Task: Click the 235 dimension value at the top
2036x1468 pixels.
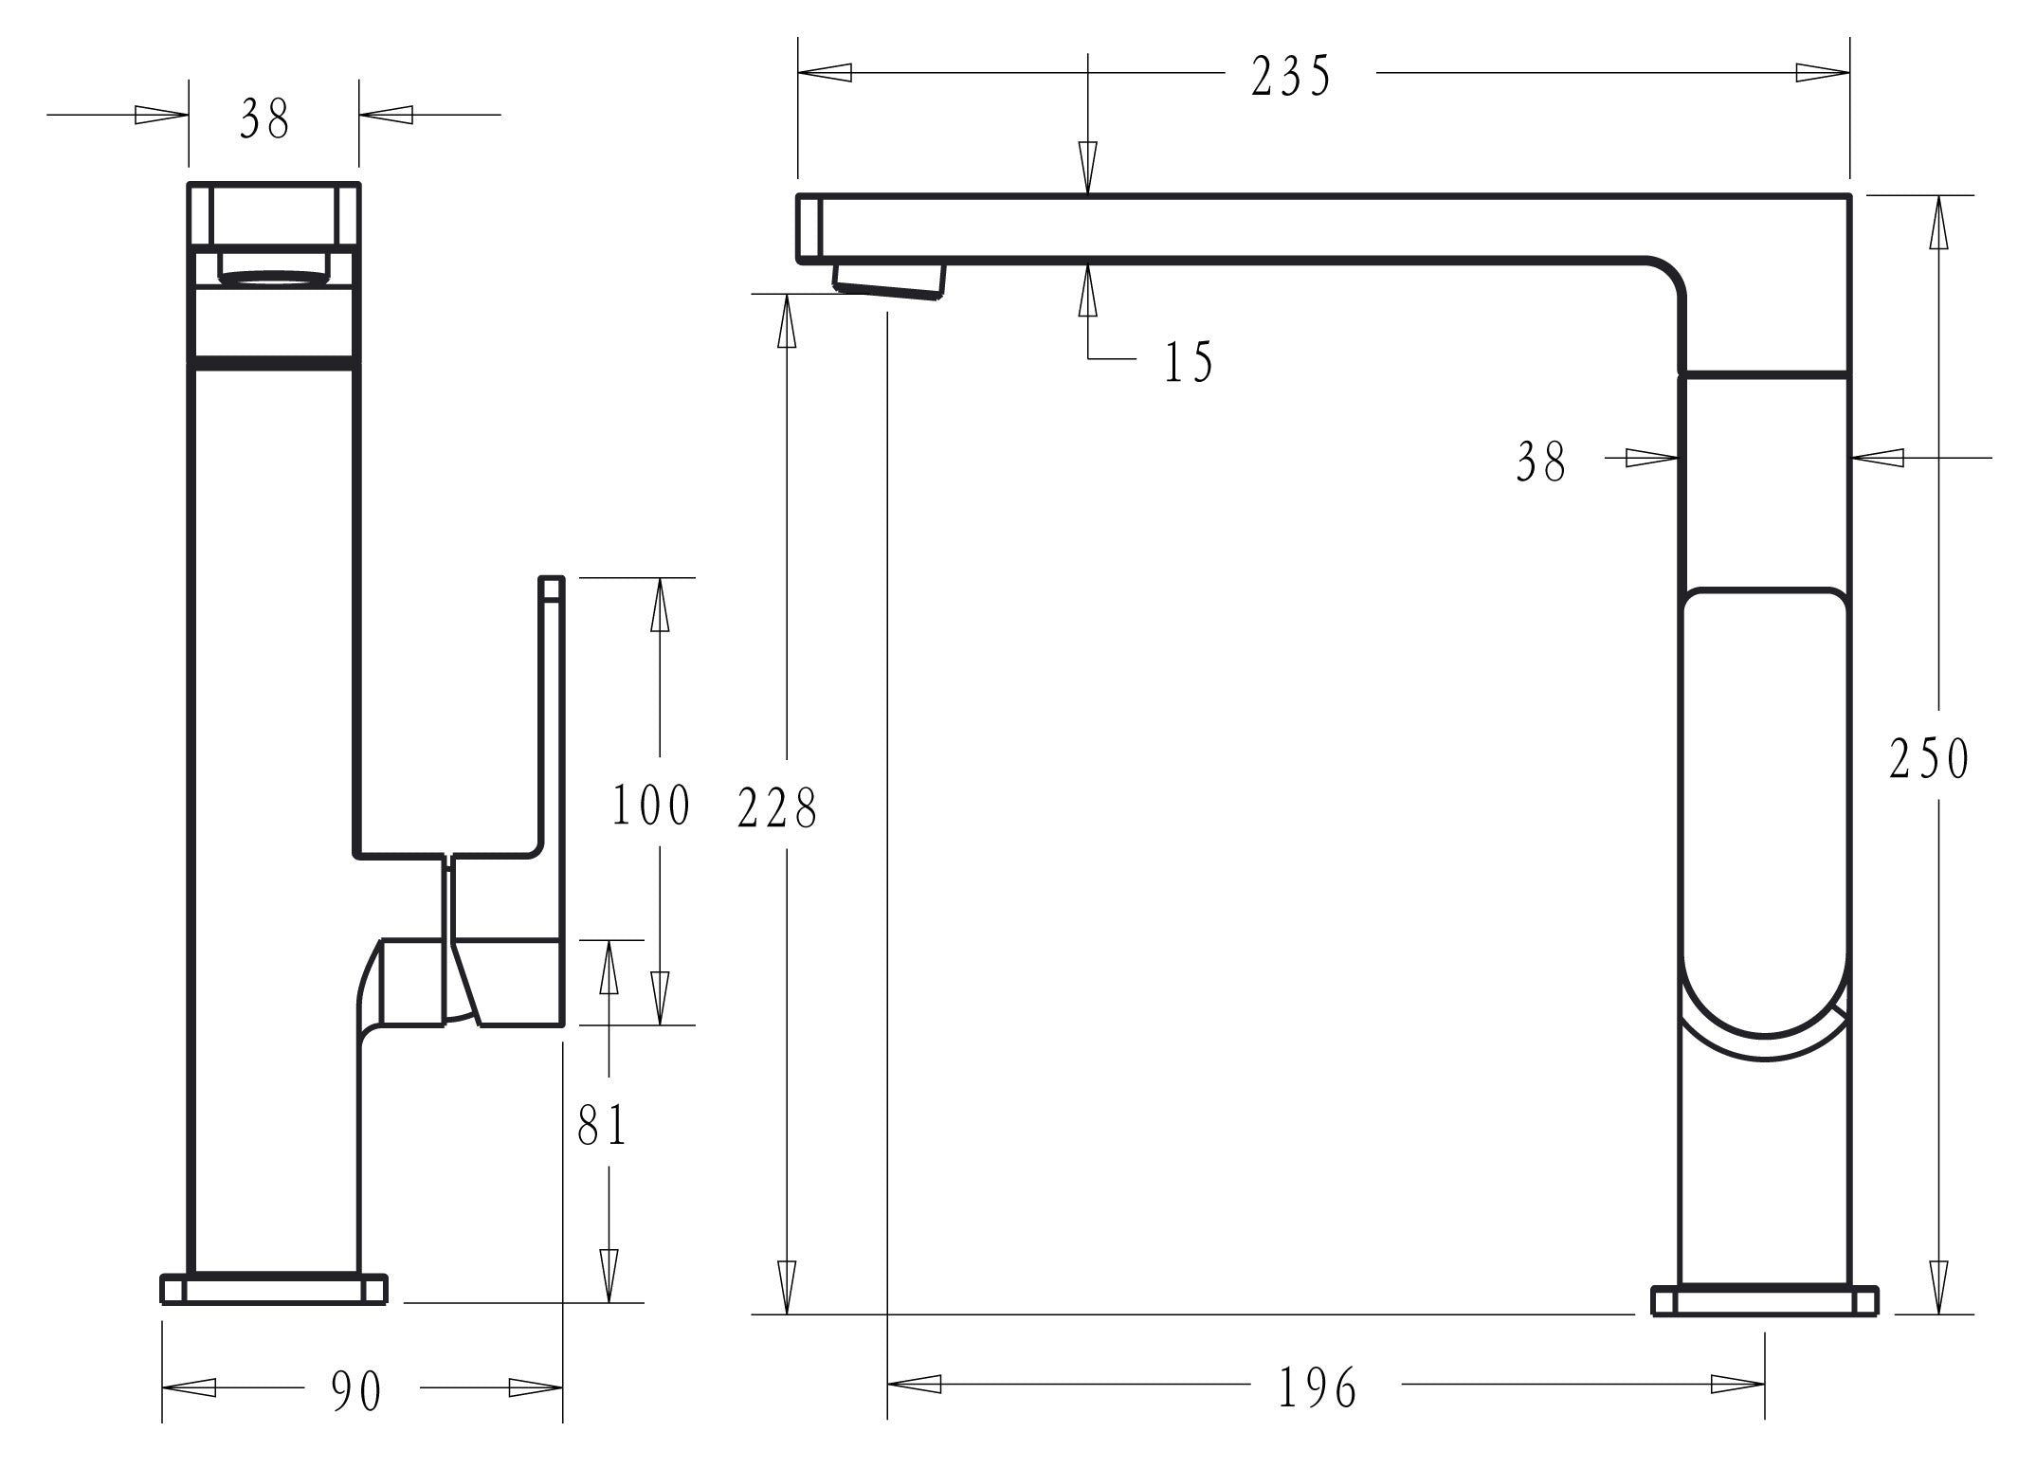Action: tap(1291, 76)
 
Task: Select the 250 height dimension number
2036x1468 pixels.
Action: tap(1929, 758)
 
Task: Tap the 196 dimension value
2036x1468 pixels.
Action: tap(1318, 1388)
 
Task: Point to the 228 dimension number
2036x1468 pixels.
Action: tap(777, 808)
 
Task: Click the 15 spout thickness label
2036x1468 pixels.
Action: tap(1189, 361)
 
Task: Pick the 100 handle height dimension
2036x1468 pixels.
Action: tap(651, 806)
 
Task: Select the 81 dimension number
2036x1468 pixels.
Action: tap(603, 1126)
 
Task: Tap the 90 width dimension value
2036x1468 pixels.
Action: tap(356, 1391)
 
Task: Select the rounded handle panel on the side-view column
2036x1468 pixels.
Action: tap(1764, 806)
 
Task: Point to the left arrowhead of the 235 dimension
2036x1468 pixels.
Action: tap(825, 72)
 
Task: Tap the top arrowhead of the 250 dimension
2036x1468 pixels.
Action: tap(1939, 223)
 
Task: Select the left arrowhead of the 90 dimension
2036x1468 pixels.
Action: tap(189, 1388)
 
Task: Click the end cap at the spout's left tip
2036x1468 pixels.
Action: tap(808, 227)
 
